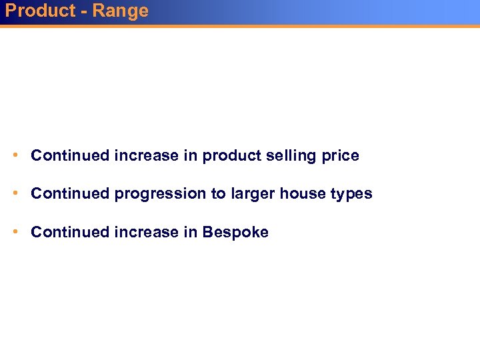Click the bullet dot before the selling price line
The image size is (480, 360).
pos(15,155)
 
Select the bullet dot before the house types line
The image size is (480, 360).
pos(15,193)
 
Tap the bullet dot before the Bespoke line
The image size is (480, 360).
pos(15,232)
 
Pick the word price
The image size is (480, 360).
pos(339,156)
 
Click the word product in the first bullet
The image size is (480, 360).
pos(229,156)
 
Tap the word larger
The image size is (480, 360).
pos(253,194)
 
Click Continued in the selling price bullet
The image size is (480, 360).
pos(70,156)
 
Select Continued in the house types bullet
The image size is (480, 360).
pos(70,194)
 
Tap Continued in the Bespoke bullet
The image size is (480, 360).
pos(70,233)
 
